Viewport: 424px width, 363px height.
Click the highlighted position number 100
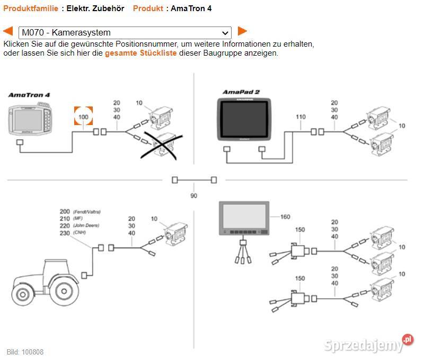coord(83,116)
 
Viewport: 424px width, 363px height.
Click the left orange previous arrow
coord(8,31)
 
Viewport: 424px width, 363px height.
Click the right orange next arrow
coord(242,31)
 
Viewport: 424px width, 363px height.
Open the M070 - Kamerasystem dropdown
coord(125,32)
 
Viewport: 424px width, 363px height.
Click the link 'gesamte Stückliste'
coord(141,53)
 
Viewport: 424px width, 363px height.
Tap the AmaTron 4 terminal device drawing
coord(30,120)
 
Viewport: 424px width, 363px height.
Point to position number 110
coord(301,117)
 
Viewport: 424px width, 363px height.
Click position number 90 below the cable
coord(193,196)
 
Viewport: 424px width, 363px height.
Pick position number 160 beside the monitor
coord(285,216)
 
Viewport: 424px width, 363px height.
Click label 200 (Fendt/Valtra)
coord(65,211)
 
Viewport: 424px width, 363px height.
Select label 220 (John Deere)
coord(65,226)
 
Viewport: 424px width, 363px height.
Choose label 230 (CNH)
coord(65,233)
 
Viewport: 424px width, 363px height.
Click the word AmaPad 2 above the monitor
coord(241,92)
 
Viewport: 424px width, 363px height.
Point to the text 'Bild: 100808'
coord(25,352)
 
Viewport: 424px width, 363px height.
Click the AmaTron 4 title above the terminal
coord(29,95)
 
